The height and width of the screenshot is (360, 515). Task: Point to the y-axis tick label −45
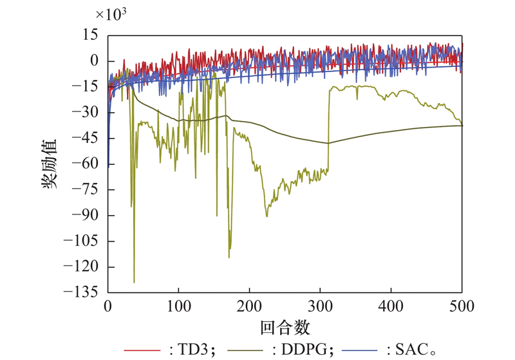click(x=87, y=139)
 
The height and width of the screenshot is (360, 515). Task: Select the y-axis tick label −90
click(x=87, y=216)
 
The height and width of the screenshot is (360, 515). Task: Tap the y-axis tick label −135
click(x=84, y=292)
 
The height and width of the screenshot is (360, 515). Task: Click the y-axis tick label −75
click(x=87, y=190)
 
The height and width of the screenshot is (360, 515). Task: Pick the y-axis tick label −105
click(x=84, y=242)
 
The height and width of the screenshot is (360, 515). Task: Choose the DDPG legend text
click(x=301, y=348)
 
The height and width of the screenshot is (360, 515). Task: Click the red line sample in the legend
click(x=141, y=349)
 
